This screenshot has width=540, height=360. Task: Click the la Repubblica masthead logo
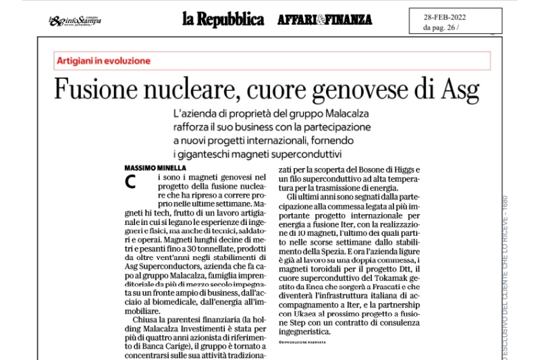223,19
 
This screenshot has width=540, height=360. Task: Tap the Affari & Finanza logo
324,20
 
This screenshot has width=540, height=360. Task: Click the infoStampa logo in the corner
75,21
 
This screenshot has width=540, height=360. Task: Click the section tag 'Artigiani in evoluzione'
103,61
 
